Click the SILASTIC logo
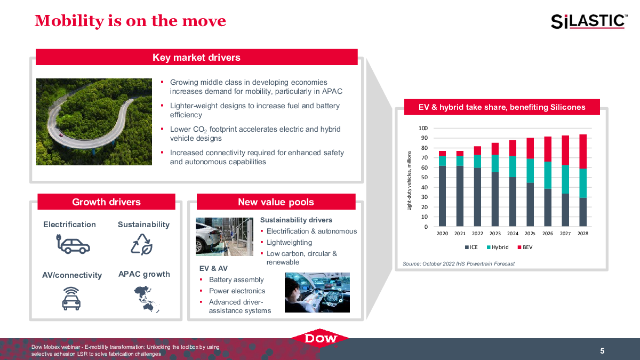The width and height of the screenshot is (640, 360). point(589,21)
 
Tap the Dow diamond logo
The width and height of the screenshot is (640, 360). point(320,338)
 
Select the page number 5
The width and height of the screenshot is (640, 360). point(602,350)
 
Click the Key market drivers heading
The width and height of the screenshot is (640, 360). point(197,57)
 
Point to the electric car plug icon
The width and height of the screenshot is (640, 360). point(73,244)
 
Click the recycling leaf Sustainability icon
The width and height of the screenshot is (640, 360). point(142,244)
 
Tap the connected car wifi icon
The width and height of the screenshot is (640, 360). point(71,299)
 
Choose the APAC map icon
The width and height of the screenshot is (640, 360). point(146,299)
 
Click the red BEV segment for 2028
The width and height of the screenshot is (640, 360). point(583,151)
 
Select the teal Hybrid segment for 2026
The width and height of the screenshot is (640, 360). point(548,175)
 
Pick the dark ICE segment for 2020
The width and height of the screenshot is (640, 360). point(442,196)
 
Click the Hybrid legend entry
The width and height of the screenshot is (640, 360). point(498,247)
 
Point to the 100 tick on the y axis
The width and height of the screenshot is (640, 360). point(423,128)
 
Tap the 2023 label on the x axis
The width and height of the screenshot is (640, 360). point(495,234)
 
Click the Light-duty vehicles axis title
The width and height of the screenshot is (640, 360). point(409,181)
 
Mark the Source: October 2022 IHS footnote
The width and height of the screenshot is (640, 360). point(459,263)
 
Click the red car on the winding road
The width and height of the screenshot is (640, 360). point(61,135)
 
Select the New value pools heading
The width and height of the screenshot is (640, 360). point(276,202)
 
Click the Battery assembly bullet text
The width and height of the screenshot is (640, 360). point(236,279)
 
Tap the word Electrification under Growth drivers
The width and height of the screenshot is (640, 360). point(69,225)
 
